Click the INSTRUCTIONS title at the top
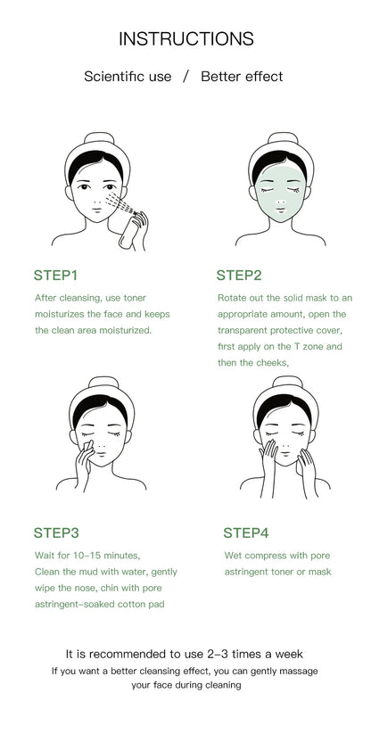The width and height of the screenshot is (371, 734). click(x=185, y=38)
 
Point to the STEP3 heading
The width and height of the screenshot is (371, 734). click(x=56, y=532)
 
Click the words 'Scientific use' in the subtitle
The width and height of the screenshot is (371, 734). click(x=128, y=77)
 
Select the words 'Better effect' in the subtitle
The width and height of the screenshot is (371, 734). click(x=242, y=77)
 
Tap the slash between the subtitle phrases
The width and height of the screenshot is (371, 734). click(x=185, y=77)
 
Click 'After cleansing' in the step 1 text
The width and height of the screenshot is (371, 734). click(x=69, y=298)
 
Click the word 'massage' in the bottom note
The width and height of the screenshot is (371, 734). click(x=295, y=670)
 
